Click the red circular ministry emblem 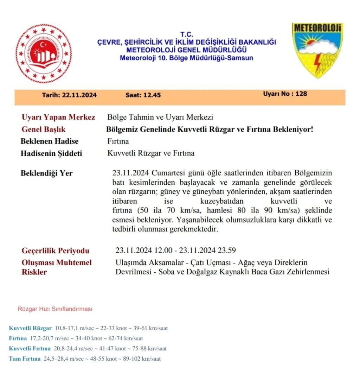(x=43, y=53)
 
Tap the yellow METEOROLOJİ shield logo (x=317, y=50)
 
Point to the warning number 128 (x=301, y=94)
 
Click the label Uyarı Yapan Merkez (x=58, y=117)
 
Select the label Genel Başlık (x=44, y=129)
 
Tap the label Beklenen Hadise (x=50, y=141)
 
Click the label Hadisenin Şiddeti (x=51, y=153)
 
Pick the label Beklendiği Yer (x=47, y=173)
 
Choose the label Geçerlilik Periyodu (x=56, y=250)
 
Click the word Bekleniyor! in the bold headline (x=294, y=129)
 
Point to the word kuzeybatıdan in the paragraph (x=220, y=202)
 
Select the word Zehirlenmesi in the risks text (x=307, y=272)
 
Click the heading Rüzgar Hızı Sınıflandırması (x=55, y=309)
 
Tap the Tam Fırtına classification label (x=25, y=359)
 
